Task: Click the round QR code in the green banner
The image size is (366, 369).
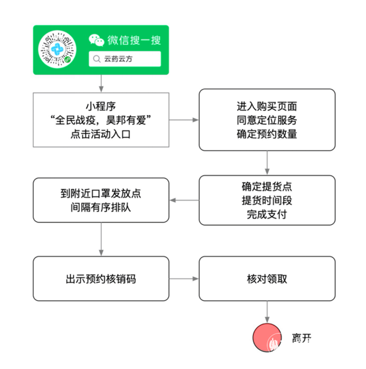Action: point(57,50)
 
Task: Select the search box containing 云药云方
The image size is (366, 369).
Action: point(124,59)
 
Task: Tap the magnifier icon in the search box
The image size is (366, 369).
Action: point(96,59)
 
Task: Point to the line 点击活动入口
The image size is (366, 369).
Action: point(101,134)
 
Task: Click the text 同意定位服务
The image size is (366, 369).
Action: point(267,120)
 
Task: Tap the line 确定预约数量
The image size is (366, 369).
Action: point(267,134)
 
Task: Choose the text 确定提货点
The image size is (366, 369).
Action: point(267,186)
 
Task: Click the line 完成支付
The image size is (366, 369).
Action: point(267,214)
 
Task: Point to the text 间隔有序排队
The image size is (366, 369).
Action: point(101,207)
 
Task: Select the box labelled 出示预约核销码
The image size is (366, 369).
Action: point(101,278)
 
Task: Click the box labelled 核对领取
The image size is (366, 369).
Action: point(267,278)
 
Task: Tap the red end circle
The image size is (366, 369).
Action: point(267,338)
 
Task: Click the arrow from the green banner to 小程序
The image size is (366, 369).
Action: point(101,83)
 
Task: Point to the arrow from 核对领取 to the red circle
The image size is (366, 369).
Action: point(267,312)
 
